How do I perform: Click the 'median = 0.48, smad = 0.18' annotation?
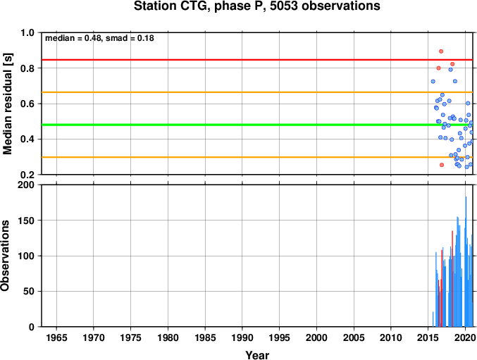(99, 38)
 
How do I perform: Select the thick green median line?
(257, 125)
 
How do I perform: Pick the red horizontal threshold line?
(257, 60)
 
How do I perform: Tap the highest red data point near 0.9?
(441, 51)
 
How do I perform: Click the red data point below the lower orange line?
(442, 165)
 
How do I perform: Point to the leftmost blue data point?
(433, 81)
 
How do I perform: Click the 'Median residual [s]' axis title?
(7, 104)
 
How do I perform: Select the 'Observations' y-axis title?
(5, 256)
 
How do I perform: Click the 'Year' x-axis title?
(257, 355)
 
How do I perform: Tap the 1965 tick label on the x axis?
(56, 337)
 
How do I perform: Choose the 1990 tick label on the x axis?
(242, 337)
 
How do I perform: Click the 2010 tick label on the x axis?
(391, 337)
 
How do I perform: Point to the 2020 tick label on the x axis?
(465, 337)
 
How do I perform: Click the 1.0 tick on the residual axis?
(27, 32)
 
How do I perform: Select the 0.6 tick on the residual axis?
(27, 104)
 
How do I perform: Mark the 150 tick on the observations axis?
(27, 221)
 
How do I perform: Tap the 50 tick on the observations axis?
(29, 291)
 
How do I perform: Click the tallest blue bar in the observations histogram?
(466, 261)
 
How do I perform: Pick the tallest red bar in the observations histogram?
(452, 278)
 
